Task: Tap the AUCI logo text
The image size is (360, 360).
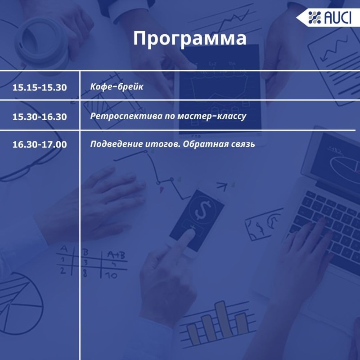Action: click(x=337, y=18)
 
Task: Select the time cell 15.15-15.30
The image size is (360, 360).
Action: click(x=40, y=87)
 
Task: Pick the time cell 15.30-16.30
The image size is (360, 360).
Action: click(x=40, y=117)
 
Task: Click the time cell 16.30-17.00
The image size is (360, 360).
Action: click(x=40, y=144)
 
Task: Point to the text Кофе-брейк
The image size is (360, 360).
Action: click(x=117, y=86)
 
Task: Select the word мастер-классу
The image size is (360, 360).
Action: click(x=212, y=116)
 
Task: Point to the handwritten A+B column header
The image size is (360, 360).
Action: click(x=116, y=255)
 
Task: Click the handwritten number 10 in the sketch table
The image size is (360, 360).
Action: click(x=111, y=275)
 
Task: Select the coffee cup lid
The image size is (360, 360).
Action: click(x=41, y=43)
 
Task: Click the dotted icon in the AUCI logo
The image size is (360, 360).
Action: click(x=314, y=18)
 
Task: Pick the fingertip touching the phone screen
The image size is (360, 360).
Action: click(x=191, y=231)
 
